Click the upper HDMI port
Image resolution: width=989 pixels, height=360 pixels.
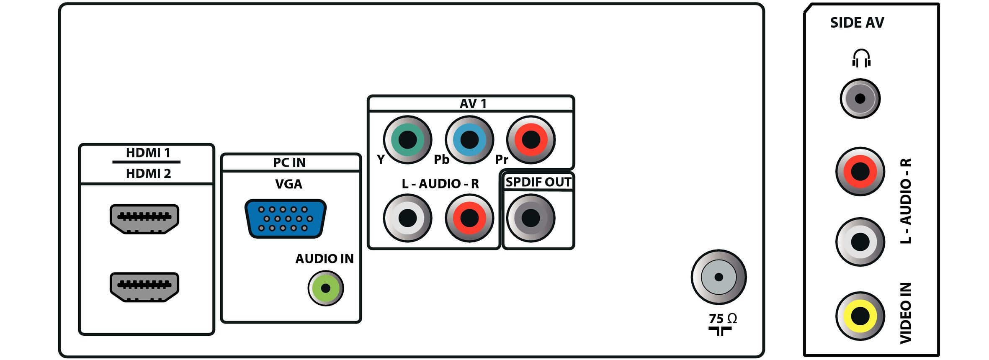pyautogui.click(x=144, y=219)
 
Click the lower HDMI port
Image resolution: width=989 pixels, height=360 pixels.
pyautogui.click(x=144, y=287)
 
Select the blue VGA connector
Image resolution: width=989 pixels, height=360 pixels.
pyautogui.click(x=285, y=219)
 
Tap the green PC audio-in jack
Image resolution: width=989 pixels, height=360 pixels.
pyautogui.click(x=326, y=288)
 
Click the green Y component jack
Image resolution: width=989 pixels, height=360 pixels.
pyautogui.click(x=407, y=140)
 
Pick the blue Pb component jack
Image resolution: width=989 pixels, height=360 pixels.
pyautogui.click(x=469, y=140)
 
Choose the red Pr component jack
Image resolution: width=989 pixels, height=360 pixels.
pyautogui.click(x=531, y=140)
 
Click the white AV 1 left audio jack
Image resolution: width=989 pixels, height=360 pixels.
pyautogui.click(x=407, y=218)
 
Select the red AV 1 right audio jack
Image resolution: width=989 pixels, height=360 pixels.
pyautogui.click(x=469, y=218)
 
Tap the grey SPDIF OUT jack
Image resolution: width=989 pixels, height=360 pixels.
pyautogui.click(x=531, y=218)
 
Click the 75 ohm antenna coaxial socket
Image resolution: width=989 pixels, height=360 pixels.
pyautogui.click(x=719, y=277)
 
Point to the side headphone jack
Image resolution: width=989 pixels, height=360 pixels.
pyautogui.click(x=860, y=99)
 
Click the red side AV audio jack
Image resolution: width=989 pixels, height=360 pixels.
pyautogui.click(x=860, y=171)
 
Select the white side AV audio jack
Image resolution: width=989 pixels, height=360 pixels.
pyautogui.click(x=860, y=242)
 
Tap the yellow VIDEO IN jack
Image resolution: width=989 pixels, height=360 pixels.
pyautogui.click(x=860, y=316)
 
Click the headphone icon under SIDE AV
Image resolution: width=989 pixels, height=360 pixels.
pyautogui.click(x=861, y=58)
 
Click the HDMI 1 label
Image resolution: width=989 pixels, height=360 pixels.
pyautogui.click(x=148, y=153)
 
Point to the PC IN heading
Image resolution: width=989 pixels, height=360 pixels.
pyautogui.click(x=289, y=162)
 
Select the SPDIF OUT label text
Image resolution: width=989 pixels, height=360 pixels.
pyautogui.click(x=538, y=182)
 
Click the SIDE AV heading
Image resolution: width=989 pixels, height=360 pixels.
pyautogui.click(x=857, y=23)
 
